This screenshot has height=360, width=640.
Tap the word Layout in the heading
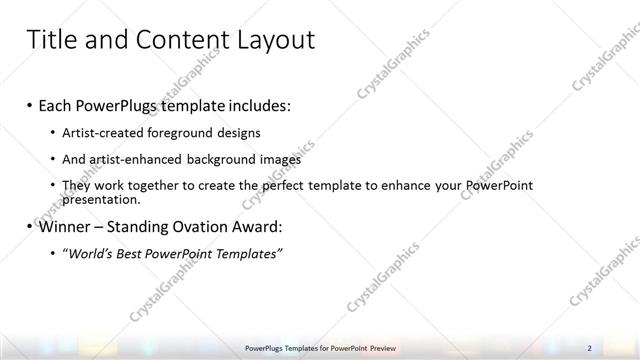[274, 40]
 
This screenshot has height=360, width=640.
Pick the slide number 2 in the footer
[589, 347]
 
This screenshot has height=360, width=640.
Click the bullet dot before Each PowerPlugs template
[30, 106]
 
